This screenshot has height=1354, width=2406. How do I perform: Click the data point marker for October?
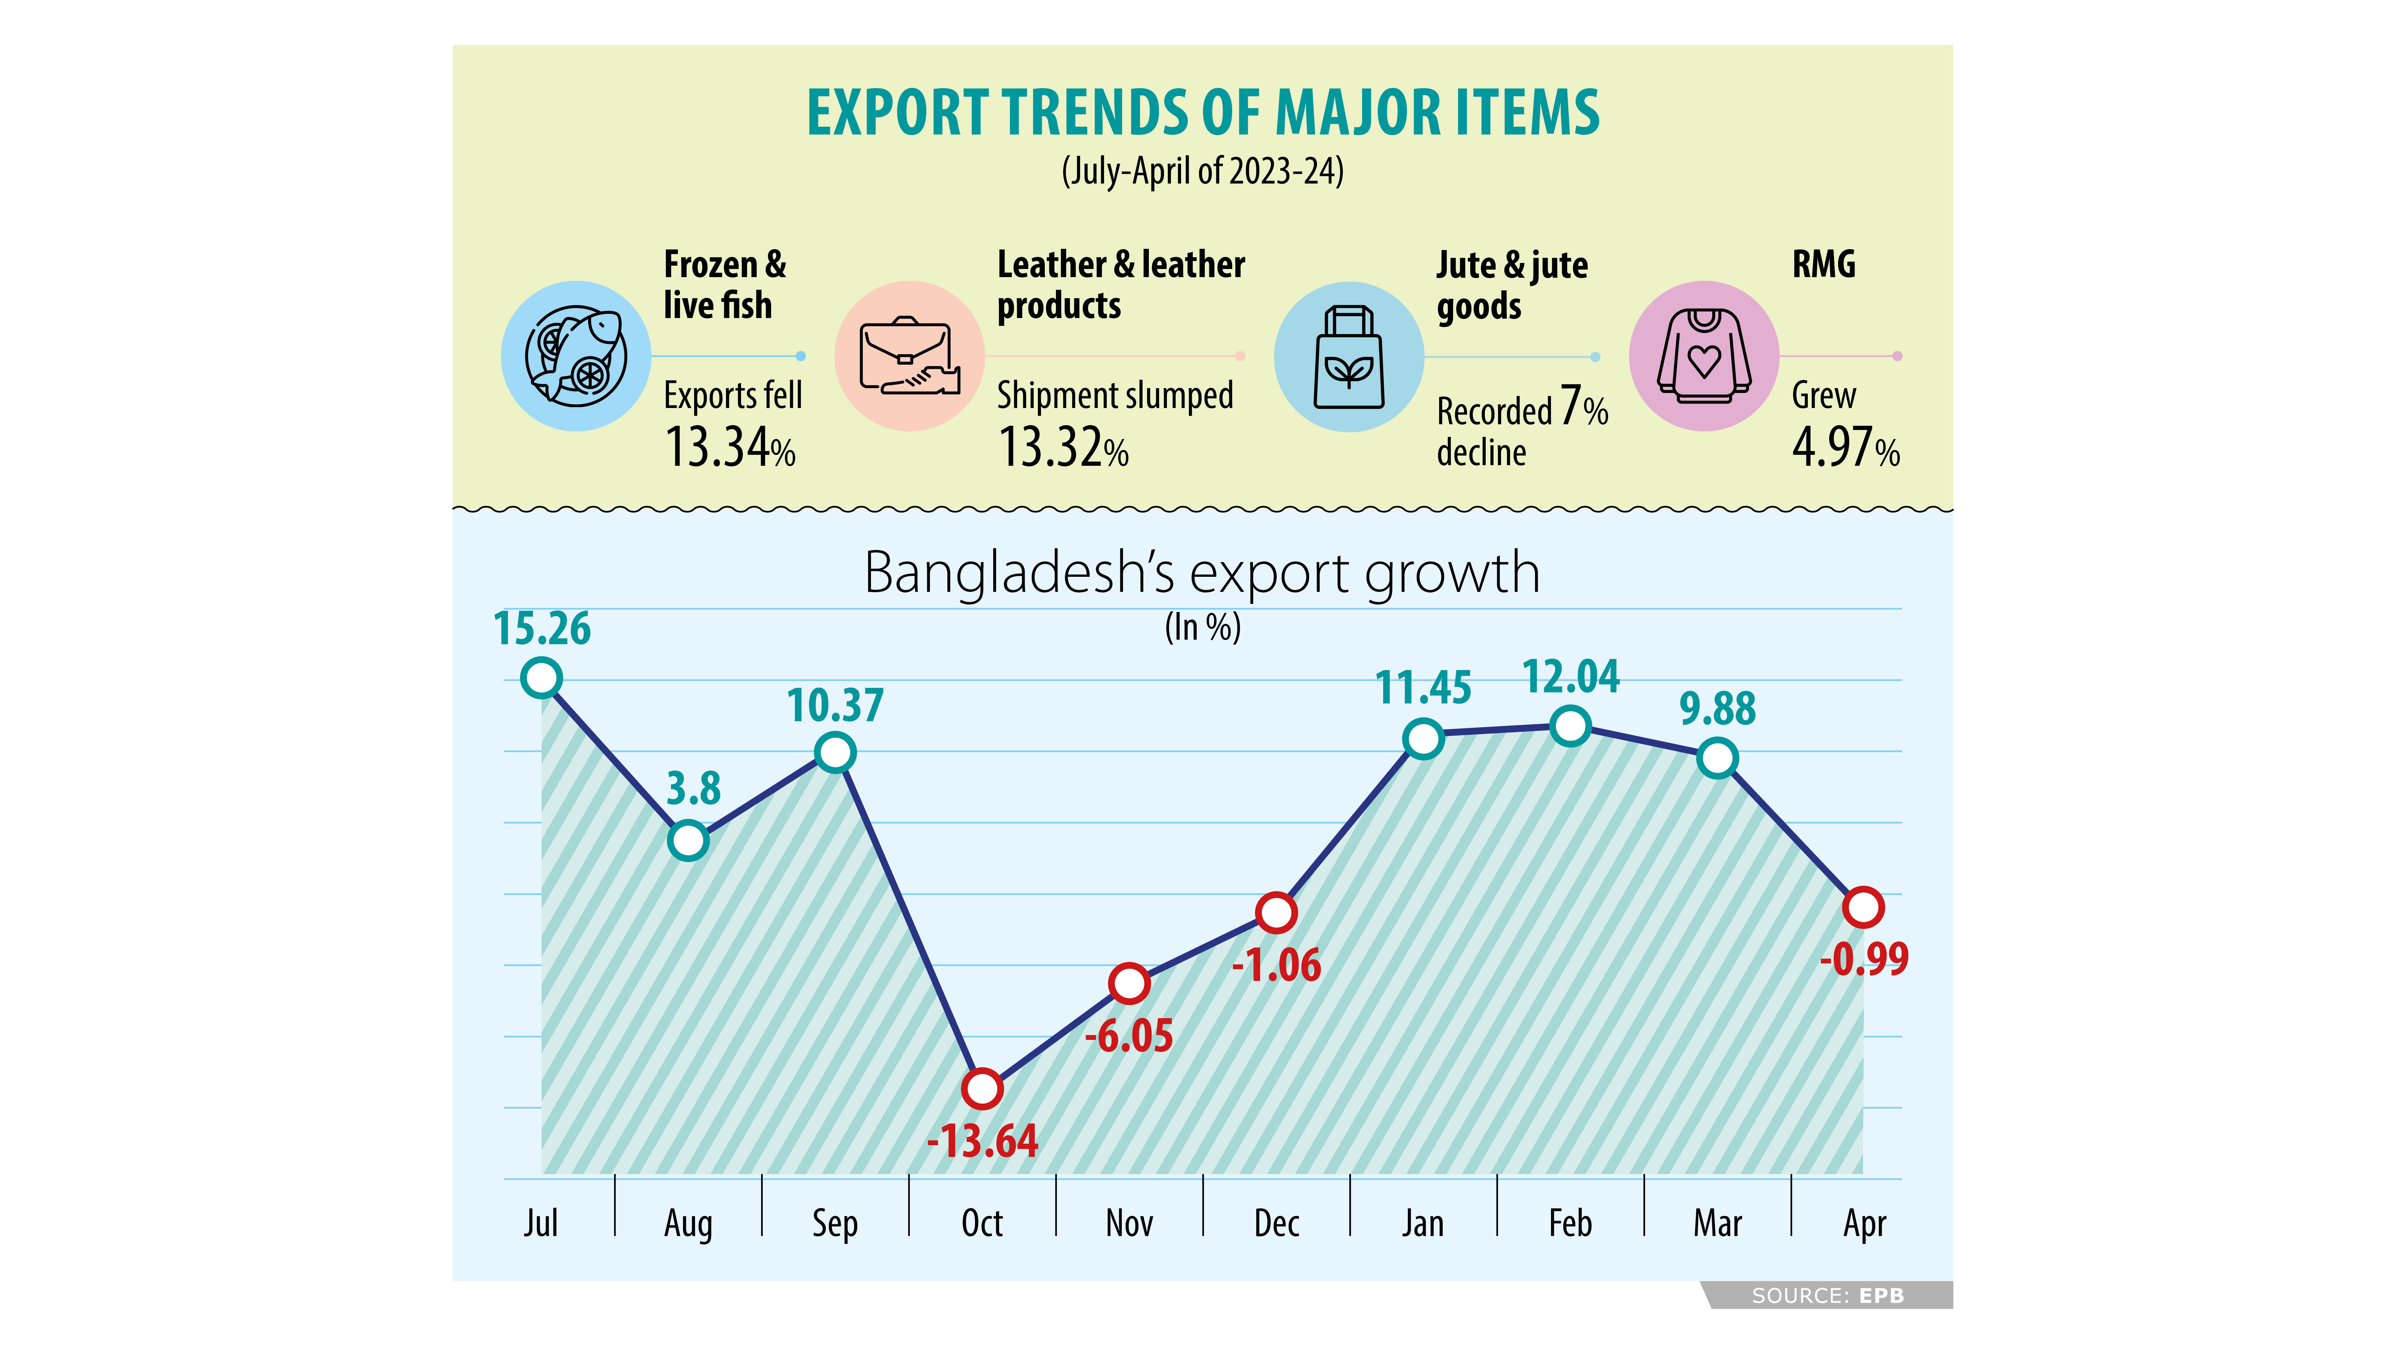[x=982, y=1089]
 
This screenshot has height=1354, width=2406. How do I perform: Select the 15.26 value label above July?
[x=542, y=629]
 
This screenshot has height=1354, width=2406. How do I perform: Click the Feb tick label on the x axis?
[x=1570, y=1223]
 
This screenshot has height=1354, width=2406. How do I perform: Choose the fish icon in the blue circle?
[x=576, y=356]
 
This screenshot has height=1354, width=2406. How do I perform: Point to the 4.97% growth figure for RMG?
[x=1845, y=448]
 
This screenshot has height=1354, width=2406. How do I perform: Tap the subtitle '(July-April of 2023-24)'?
[x=1202, y=171]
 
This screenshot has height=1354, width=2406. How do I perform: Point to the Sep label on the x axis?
[x=834, y=1223]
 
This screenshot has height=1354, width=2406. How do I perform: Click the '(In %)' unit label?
[x=1202, y=627]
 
